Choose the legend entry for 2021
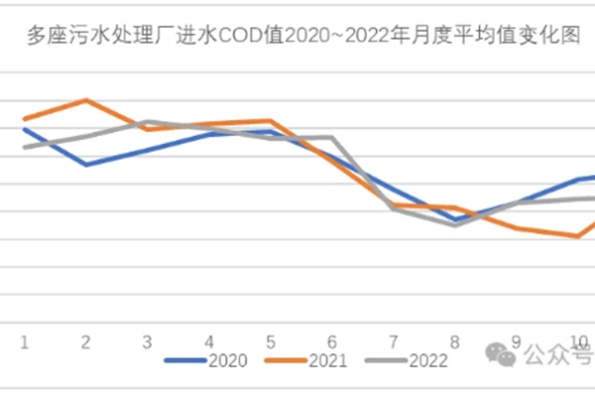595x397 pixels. (307, 361)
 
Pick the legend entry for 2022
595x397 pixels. (407, 361)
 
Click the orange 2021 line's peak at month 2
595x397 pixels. (85, 100)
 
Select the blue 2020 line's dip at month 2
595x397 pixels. (85, 165)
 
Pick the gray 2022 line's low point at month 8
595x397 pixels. (455, 225)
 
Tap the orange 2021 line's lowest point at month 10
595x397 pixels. (578, 236)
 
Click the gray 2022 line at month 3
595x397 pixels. (147, 122)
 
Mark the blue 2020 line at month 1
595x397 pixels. (24, 129)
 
